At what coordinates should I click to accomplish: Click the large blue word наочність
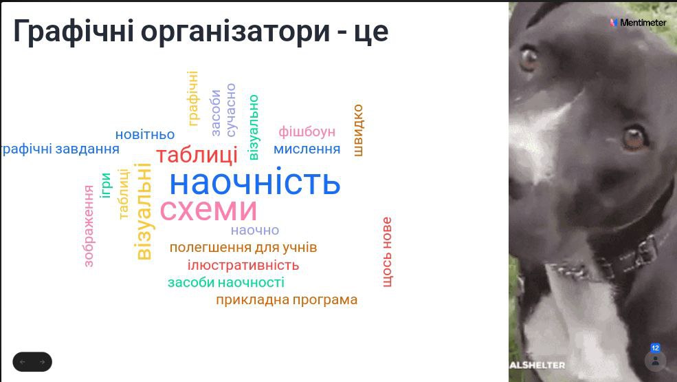tap(255, 182)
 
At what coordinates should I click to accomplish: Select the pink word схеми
tap(208, 210)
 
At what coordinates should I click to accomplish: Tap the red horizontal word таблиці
tap(197, 155)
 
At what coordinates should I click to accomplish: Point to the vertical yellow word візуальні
tap(144, 211)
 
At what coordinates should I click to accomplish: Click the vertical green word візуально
tap(254, 127)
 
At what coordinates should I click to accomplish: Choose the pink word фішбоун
tap(307, 131)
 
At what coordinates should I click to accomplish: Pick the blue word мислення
tap(307, 149)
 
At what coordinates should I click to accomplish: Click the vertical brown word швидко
tap(358, 130)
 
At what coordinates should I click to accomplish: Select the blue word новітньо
tap(145, 134)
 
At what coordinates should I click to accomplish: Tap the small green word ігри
tap(105, 185)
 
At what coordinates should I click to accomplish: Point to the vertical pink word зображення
tap(89, 226)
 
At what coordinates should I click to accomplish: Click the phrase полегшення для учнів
tap(243, 248)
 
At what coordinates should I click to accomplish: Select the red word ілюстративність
tap(243, 265)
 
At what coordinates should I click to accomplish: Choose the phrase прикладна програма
tap(287, 300)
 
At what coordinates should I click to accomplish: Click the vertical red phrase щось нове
tap(387, 252)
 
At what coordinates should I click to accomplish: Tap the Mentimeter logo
tap(638, 23)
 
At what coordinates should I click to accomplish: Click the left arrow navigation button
tap(23, 362)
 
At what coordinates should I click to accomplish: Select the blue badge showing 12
tap(655, 348)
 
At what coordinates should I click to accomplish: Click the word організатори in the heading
tap(235, 32)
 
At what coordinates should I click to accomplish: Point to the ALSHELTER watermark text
tap(537, 365)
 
